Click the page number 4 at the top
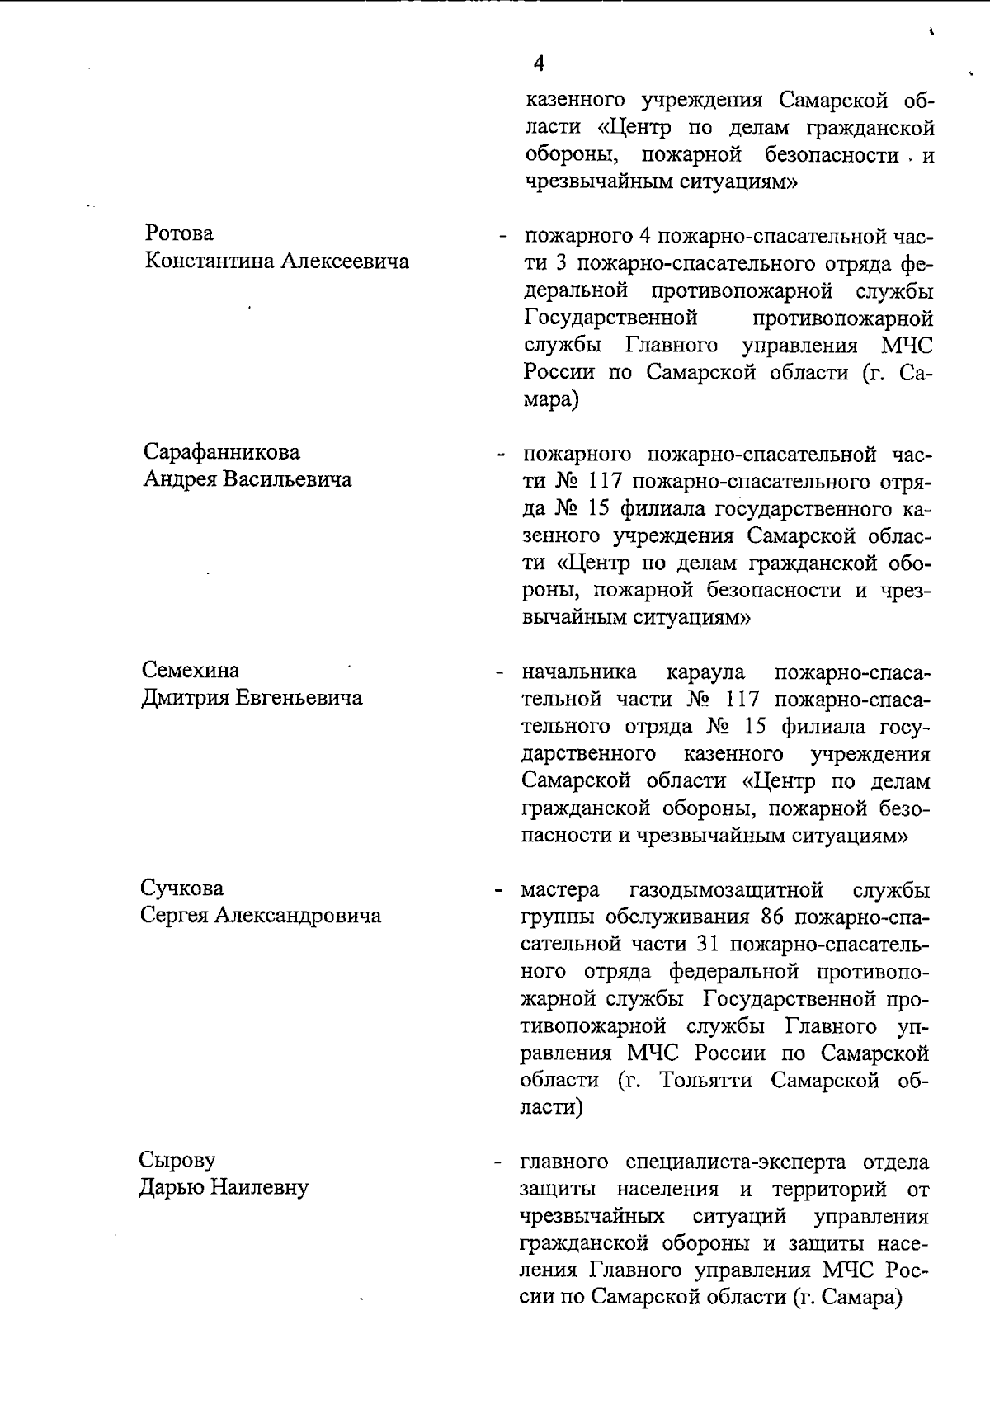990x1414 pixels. tap(539, 64)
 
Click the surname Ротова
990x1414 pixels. tap(179, 233)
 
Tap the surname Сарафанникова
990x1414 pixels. tap(222, 452)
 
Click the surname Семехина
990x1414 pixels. tap(191, 670)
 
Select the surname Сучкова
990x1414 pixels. tap(181, 888)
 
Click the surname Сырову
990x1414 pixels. tap(177, 1160)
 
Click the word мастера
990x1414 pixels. tap(560, 890)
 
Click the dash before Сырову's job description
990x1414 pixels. tap(497, 1163)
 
